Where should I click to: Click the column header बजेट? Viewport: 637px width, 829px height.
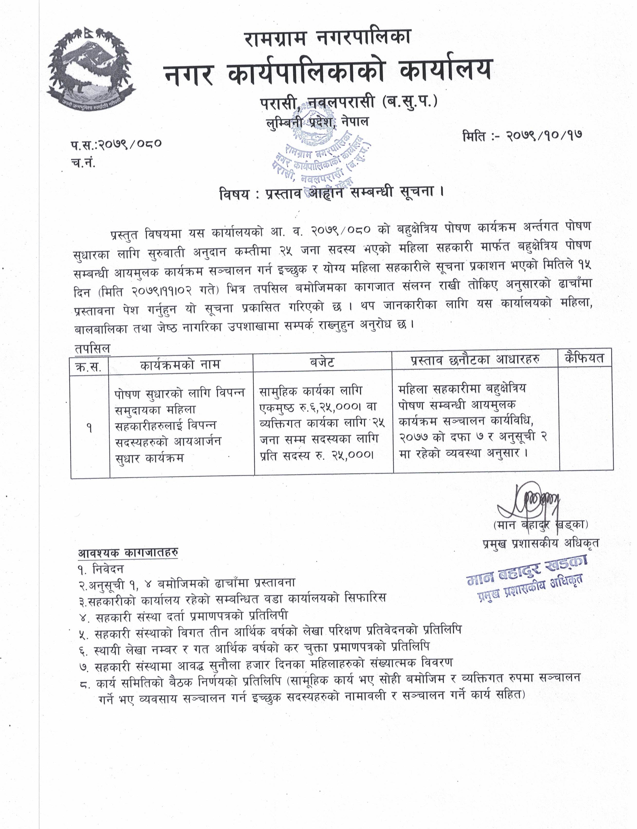322,363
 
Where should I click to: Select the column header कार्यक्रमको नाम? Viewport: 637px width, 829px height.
180,365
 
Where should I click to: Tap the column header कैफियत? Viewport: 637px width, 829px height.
584,358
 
